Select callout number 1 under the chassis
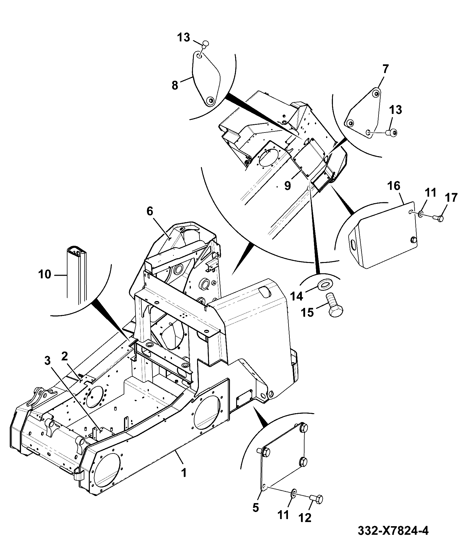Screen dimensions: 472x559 click(184, 473)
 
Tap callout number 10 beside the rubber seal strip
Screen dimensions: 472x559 click(44, 274)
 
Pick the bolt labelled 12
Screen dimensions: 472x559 click(316, 500)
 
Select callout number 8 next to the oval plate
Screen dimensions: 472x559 click(175, 85)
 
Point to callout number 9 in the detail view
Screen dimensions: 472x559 click(287, 186)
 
